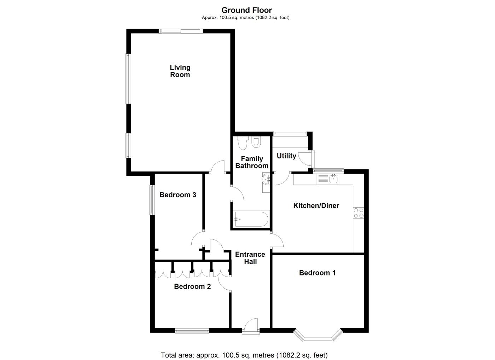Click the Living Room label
coord(180,71)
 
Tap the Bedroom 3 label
coord(178,195)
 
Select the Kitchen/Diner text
coord(316,206)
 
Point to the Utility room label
coord(286,156)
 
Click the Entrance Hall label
coord(250,258)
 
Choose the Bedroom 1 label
coord(318,273)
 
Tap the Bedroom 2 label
coord(192,287)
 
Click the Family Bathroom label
coord(252,162)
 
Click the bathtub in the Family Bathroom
coord(251,219)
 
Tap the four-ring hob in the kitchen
coord(359,213)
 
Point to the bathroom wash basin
coord(266,179)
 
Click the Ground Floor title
coord(247,10)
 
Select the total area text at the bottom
coord(244,355)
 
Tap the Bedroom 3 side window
coord(152,200)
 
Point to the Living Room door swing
coord(217,167)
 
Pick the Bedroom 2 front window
coord(192,331)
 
